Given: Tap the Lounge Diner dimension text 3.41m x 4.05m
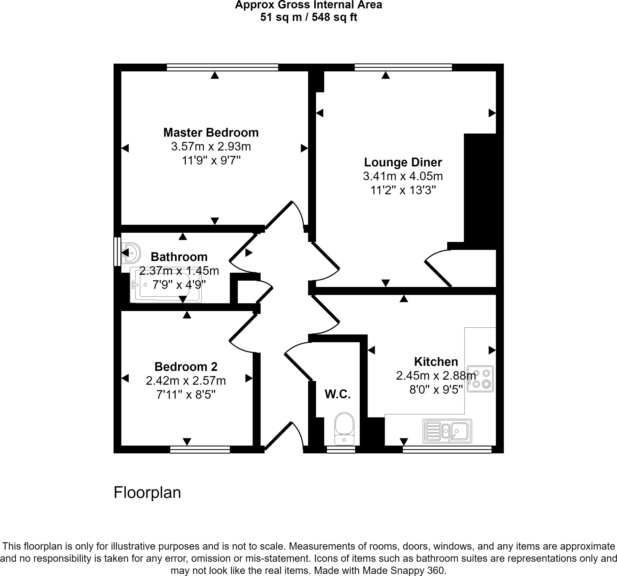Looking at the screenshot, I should (402, 176).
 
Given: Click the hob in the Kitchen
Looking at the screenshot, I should (480, 379).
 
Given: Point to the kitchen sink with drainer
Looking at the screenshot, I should (447, 431).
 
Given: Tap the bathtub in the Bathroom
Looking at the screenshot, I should (165, 285).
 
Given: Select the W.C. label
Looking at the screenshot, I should (337, 394).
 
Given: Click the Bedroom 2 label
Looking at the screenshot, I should (186, 367).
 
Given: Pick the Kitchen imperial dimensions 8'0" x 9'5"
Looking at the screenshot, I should (436, 389).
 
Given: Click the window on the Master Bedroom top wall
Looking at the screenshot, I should (222, 68).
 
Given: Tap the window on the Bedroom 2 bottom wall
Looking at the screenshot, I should (200, 449).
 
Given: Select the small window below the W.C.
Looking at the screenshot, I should (341, 449).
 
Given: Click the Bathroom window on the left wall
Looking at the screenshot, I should (117, 251).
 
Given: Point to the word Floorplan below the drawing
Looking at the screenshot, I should (147, 493).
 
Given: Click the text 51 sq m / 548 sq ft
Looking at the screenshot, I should (308, 17).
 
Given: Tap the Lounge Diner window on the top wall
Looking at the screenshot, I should (403, 68).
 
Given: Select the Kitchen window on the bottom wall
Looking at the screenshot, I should (447, 449).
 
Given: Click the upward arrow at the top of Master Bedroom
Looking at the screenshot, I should (215, 75).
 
